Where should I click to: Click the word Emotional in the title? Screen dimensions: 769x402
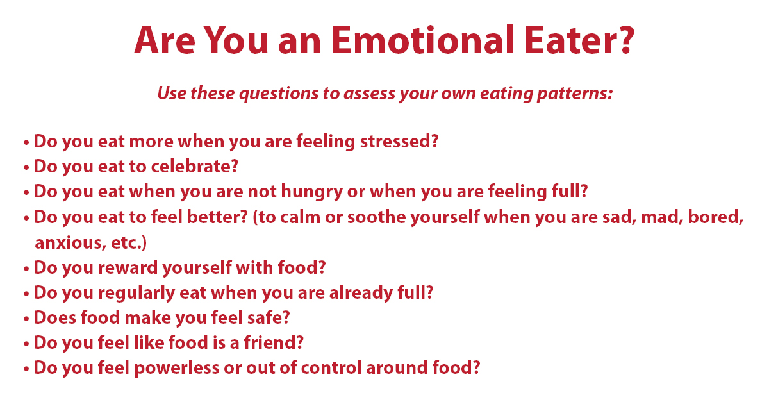tap(422, 40)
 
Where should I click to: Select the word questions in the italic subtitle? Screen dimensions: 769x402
tap(278, 94)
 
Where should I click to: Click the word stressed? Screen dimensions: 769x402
tap(395, 141)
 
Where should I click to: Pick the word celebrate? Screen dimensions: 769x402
tap(191, 166)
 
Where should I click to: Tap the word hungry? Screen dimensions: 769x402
tap(311, 192)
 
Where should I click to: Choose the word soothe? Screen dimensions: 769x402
tap(377, 217)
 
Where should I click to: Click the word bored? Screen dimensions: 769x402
tap(713, 217)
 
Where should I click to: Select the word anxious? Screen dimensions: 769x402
tap(69, 243)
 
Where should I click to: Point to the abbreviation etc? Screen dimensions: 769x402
tap(126, 243)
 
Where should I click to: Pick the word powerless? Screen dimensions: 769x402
tap(176, 368)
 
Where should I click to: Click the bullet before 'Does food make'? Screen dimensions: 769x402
tap(26, 319)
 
